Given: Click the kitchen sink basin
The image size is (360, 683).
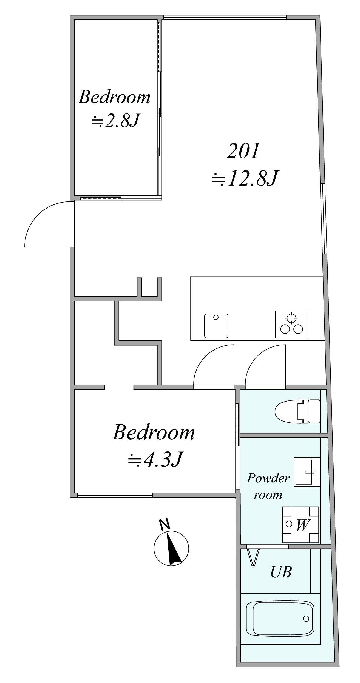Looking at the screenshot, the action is [x=216, y=326].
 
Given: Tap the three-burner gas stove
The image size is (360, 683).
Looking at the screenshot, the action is [x=291, y=324].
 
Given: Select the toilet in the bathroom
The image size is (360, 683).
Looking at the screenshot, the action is [x=297, y=412].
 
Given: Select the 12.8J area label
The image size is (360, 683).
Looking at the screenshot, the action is [x=245, y=179].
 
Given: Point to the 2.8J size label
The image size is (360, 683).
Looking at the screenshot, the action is [x=116, y=121].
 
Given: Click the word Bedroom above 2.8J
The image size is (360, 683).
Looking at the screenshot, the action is [x=115, y=97].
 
